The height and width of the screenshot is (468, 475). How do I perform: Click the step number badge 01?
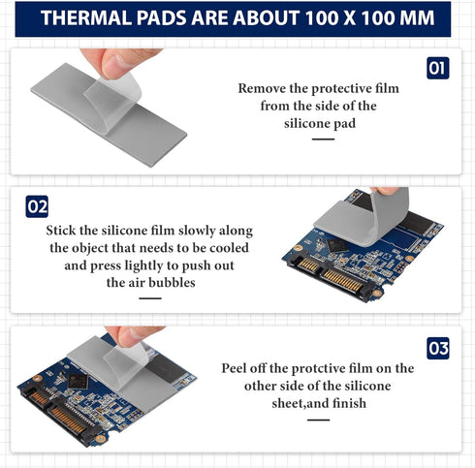438,68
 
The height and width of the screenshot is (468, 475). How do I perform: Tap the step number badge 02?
37,206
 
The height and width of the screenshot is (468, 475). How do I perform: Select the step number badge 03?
438,347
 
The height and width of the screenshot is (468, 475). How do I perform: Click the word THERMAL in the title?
90,18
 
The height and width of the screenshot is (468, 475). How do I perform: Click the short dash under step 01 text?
323,139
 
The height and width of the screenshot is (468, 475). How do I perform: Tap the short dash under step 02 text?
149,298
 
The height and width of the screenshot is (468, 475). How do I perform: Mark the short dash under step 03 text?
318,420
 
